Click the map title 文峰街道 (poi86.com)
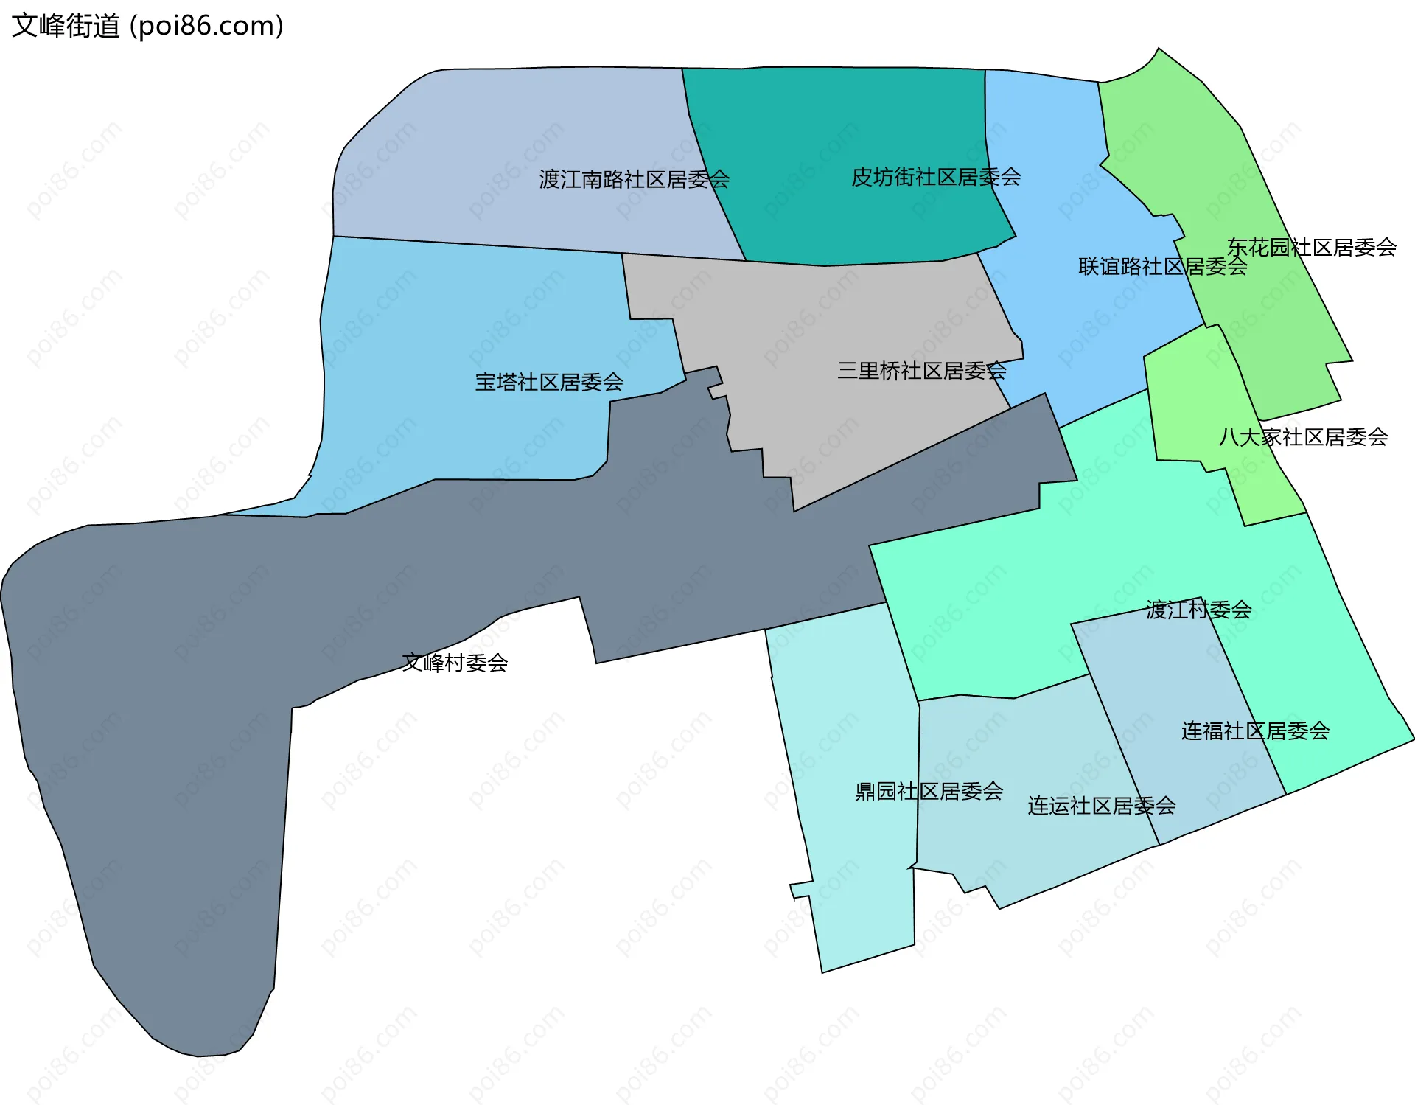click(147, 26)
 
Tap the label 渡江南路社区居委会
click(634, 179)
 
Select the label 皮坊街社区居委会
click(935, 177)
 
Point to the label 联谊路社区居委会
click(1162, 266)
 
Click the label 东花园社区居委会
click(1311, 247)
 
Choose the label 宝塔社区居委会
click(549, 382)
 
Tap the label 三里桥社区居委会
click(921, 370)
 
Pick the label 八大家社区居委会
click(1303, 437)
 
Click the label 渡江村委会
click(1198, 610)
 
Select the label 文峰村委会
click(455, 663)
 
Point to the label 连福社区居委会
click(1255, 731)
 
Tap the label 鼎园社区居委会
click(929, 791)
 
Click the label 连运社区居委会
click(1101, 806)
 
